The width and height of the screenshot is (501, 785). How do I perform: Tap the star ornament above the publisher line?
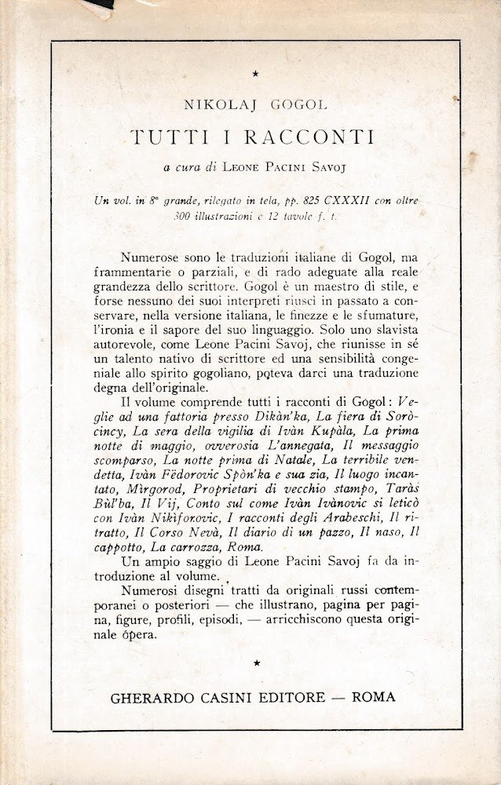point(257,664)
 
